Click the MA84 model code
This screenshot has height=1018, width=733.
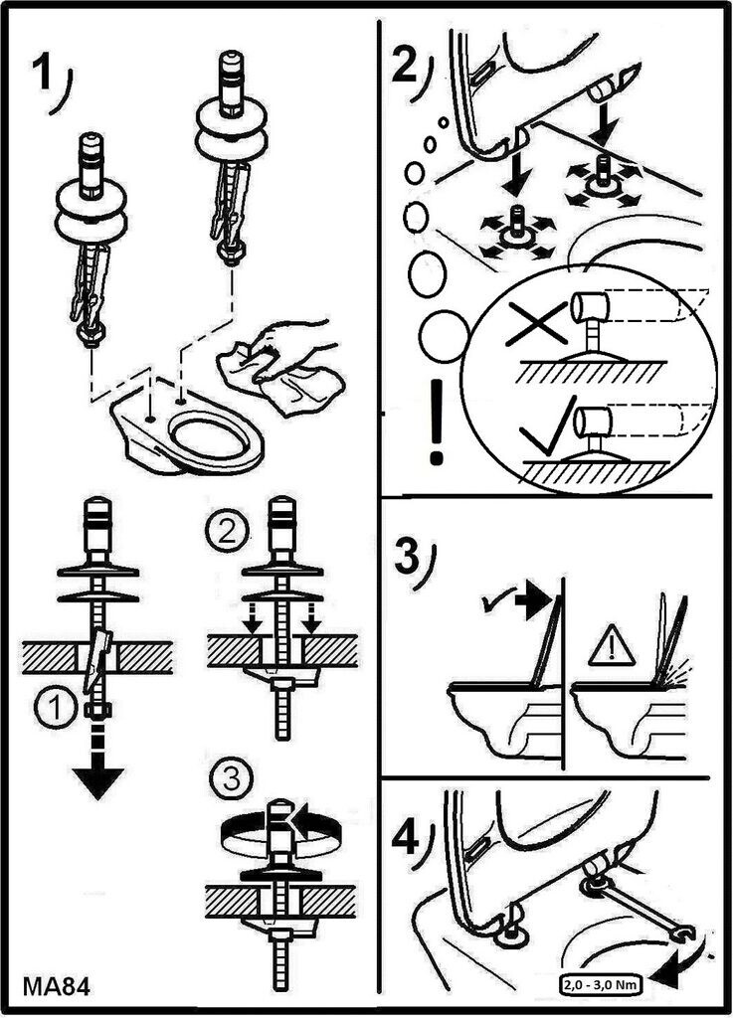(x=57, y=986)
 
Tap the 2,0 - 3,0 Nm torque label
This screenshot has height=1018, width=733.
(x=601, y=985)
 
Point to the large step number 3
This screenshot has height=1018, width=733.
(x=407, y=556)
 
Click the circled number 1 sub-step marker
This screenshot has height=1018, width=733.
(x=57, y=708)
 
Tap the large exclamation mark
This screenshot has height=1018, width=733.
(x=436, y=422)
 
